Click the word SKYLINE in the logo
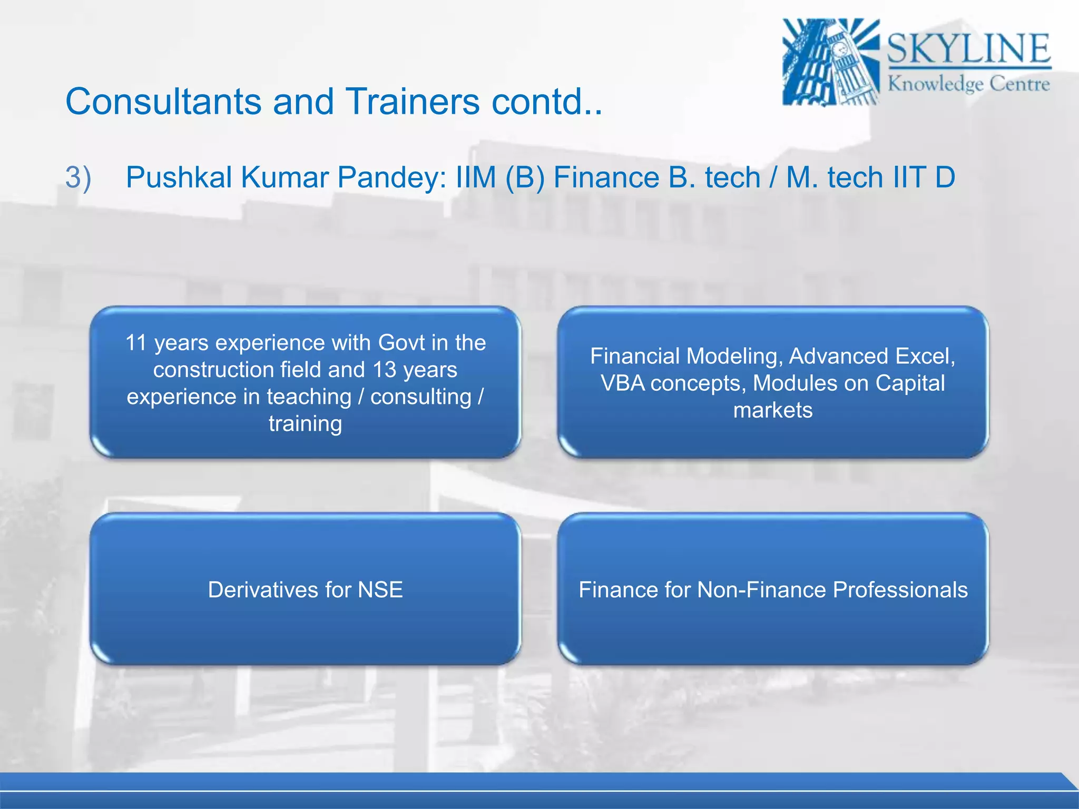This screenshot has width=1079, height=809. [x=968, y=48]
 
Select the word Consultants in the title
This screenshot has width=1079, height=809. [x=163, y=101]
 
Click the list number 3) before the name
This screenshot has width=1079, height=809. [x=78, y=177]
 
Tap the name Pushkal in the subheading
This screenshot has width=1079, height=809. [x=179, y=177]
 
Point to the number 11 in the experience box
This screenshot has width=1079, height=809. [x=135, y=343]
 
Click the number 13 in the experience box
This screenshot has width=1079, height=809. [x=384, y=370]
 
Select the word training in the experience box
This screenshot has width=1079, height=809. [x=305, y=424]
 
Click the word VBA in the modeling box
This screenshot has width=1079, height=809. [x=622, y=383]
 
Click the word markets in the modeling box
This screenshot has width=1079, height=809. [x=772, y=410]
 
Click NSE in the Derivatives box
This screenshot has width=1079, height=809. [x=380, y=590]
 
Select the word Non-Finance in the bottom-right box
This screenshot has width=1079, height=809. [x=762, y=590]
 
